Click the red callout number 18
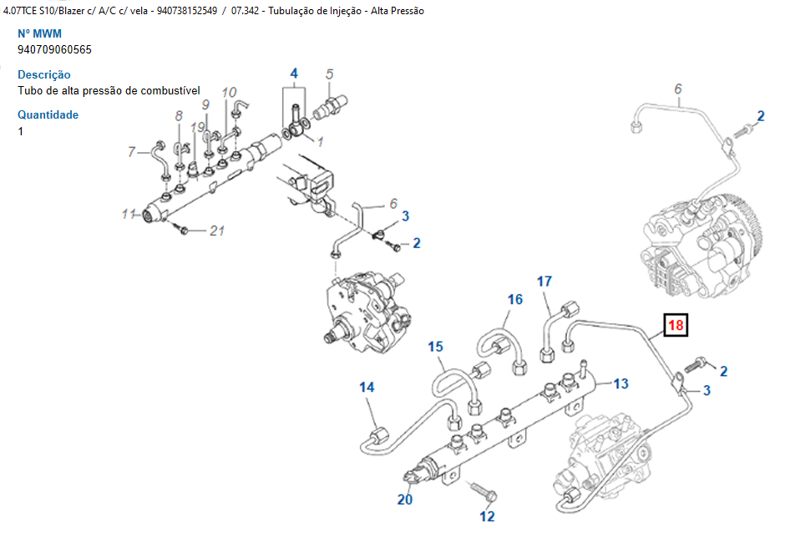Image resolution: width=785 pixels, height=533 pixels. point(675,324)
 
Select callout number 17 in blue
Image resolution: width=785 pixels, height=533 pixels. point(544,282)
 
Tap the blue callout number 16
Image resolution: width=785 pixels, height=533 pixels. point(515,300)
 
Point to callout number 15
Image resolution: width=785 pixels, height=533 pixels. point(436,347)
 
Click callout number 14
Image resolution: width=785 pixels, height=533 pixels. point(367,387)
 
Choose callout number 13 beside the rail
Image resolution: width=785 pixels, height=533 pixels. point(620,383)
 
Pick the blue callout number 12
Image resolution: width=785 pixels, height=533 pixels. point(488,516)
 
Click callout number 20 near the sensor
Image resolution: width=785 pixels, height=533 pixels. point(405,500)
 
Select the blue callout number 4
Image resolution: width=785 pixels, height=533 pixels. point(294,74)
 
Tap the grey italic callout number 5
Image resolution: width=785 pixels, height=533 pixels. point(330,74)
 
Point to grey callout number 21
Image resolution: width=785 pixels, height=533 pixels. point(217,231)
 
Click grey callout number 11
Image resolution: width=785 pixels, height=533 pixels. point(128,215)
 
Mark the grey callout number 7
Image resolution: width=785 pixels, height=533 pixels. point(131,152)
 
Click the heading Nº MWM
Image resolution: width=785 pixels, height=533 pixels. point(40,34)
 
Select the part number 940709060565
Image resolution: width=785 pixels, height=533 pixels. point(55,49)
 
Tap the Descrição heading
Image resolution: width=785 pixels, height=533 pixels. point(44,74)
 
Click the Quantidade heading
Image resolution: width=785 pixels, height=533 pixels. point(48,114)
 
